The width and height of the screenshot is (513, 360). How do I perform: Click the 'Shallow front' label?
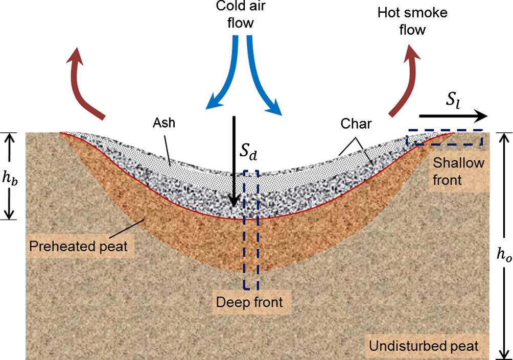[454, 171]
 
